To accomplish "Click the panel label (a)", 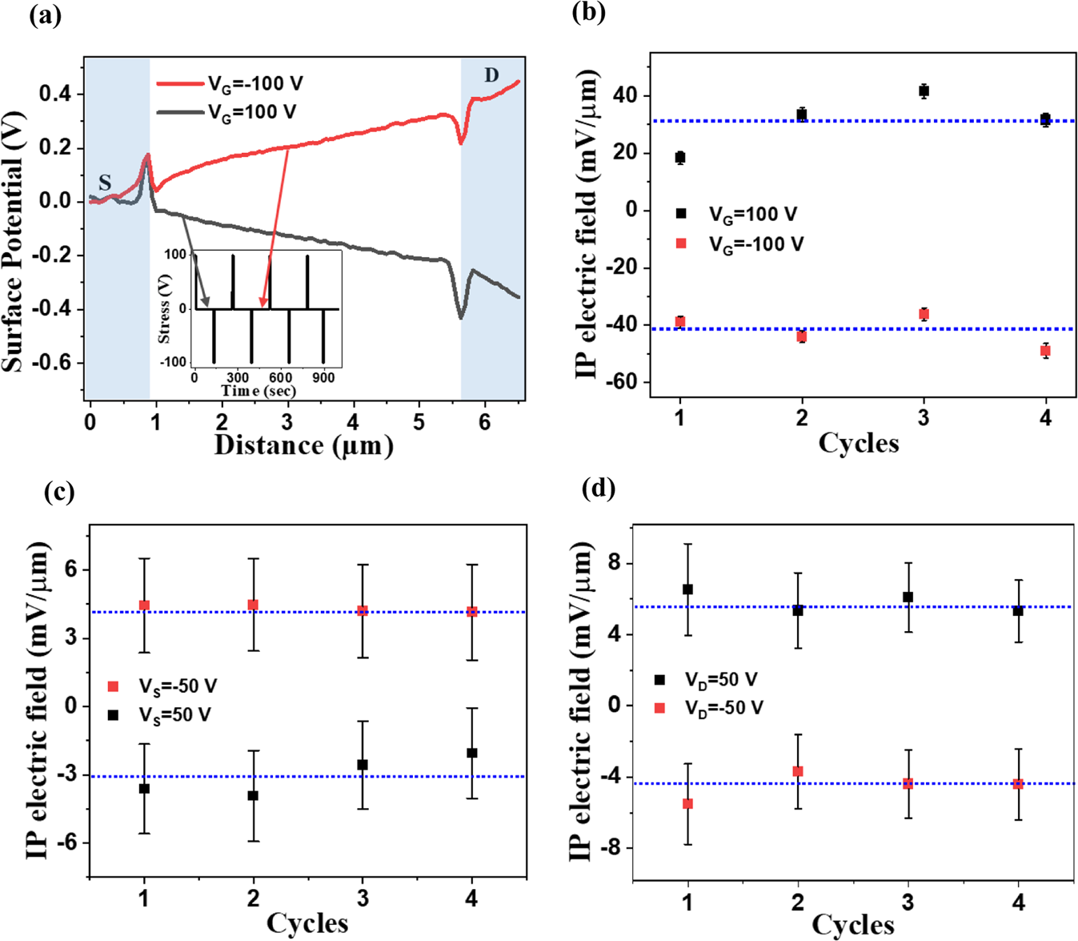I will tap(45, 16).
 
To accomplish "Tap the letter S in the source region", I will tap(105, 183).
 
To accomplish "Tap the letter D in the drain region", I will tap(491, 75).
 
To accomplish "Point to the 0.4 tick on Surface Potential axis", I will tap(55, 95).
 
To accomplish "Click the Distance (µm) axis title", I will tap(303, 445).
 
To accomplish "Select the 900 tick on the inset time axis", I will tap(323, 377).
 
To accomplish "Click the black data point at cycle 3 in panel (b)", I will tap(924, 91).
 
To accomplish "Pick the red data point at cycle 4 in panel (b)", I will tap(1045, 351).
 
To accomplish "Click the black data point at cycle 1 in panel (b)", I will tap(680, 158).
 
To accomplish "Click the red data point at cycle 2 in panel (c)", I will tap(253, 605).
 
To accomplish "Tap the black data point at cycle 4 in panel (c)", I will tap(472, 753).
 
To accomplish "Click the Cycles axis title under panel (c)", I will tap(307, 923).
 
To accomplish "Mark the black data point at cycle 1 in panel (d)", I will tap(687, 589).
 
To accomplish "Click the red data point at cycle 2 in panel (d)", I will tap(798, 771).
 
